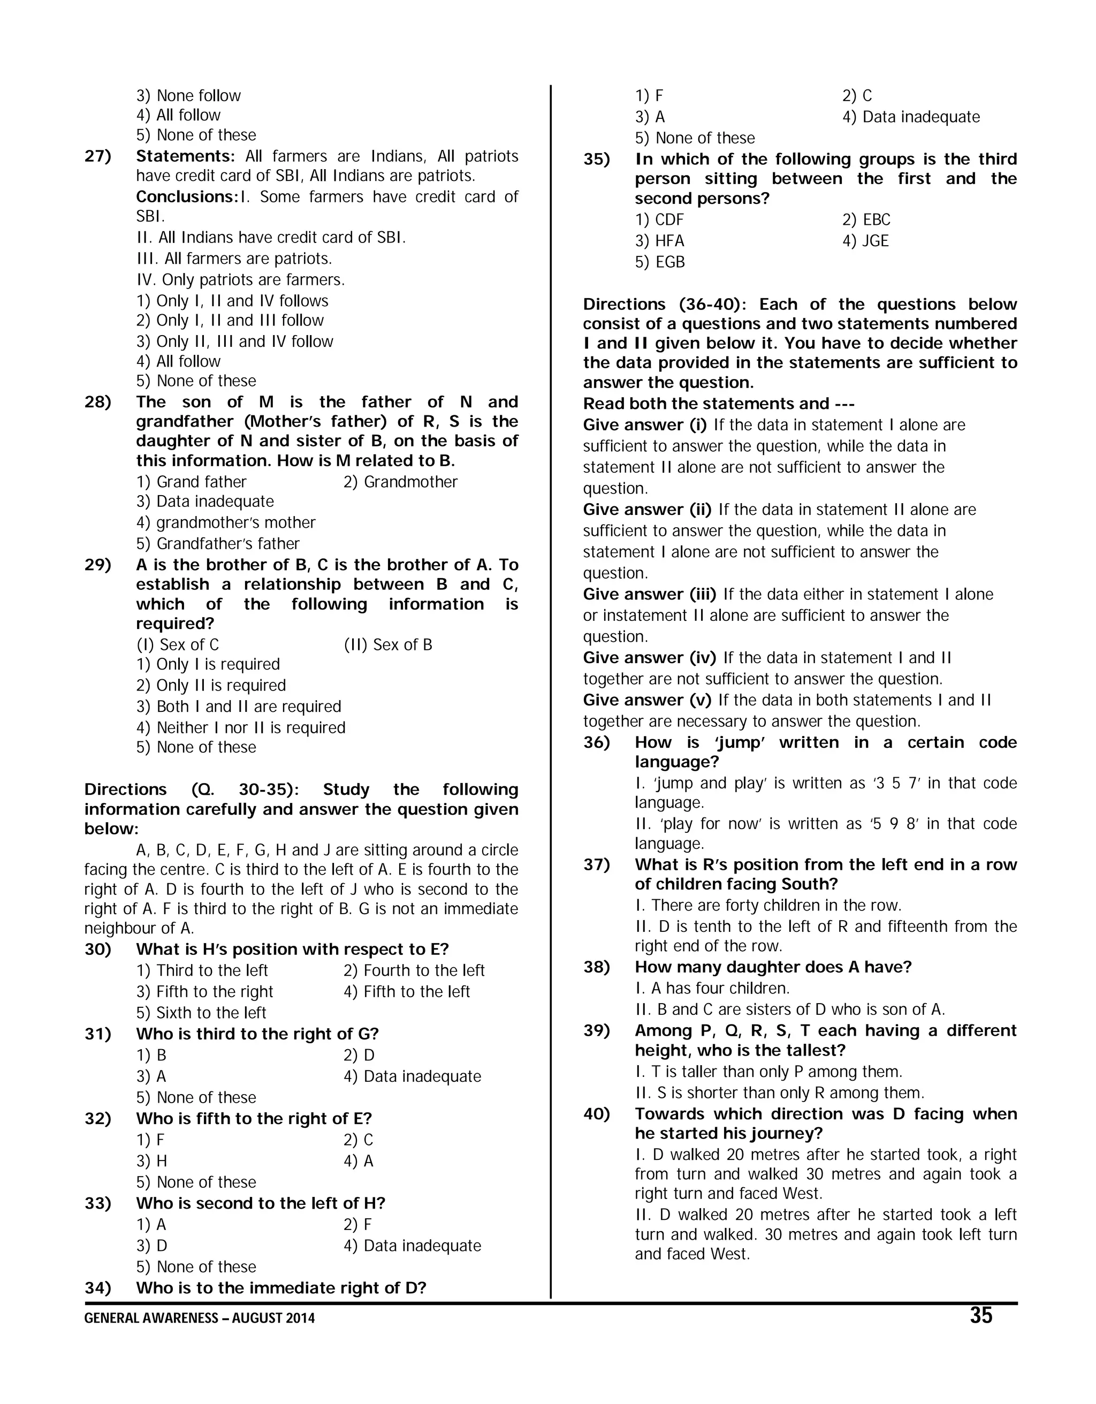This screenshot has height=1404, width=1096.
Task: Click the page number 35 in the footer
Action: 980,1316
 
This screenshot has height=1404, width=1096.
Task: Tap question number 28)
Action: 98,402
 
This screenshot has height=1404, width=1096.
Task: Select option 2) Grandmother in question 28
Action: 400,482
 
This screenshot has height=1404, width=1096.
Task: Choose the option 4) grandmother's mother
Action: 226,522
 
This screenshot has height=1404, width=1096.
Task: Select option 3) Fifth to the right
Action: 204,991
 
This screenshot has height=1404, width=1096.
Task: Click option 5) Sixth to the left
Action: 201,1013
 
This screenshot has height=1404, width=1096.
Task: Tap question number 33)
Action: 98,1203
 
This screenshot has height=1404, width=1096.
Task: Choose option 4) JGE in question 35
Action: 865,240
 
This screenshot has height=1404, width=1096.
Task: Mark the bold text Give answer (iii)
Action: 650,594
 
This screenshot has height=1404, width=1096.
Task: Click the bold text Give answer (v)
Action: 646,700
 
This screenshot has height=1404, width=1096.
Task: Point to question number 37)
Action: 597,864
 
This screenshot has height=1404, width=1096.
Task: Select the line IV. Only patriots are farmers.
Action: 240,279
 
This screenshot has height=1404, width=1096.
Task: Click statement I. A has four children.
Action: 712,988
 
